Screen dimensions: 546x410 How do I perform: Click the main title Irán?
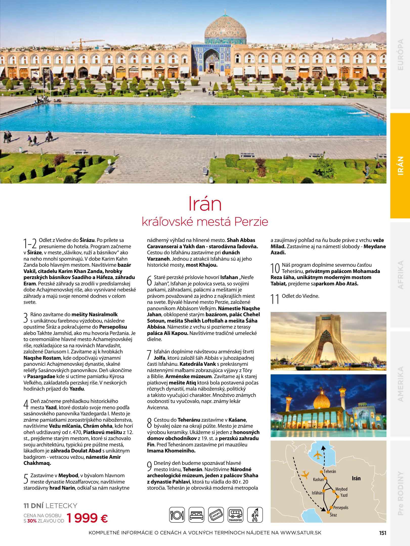[205, 204]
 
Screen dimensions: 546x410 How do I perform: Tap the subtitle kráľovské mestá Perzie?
[205, 222]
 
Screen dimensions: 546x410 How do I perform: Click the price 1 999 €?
[87, 518]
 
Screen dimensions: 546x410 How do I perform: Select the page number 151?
[382, 533]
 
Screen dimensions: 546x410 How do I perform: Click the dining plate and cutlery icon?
[177, 515]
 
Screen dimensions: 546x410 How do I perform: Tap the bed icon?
[196, 515]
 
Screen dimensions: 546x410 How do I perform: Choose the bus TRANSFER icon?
[235, 515]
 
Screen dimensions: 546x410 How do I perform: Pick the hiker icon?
[255, 515]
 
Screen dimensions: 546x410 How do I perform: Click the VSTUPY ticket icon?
[216, 515]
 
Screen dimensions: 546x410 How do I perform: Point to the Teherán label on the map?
[330, 471]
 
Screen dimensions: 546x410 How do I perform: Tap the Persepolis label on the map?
[341, 508]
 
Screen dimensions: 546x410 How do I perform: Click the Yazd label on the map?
[344, 495]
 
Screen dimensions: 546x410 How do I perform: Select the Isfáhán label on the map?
[317, 493]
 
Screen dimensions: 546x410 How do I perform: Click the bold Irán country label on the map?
[356, 478]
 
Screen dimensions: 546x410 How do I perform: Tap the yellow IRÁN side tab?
[400, 166]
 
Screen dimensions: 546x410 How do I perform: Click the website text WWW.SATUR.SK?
[301, 533]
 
